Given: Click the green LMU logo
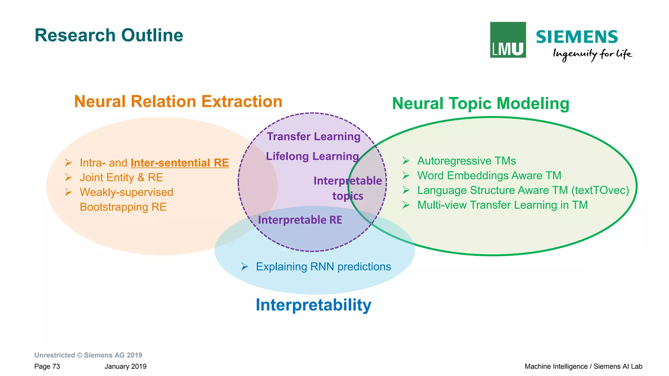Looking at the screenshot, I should coord(508,40).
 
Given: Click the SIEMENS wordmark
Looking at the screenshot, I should coord(577,37).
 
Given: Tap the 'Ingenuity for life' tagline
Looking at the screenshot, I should coord(592,54).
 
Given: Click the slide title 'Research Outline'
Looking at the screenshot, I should coord(109,35).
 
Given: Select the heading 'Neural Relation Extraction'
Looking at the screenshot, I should coord(178,101).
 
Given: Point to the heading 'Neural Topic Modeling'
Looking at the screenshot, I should coord(481,104).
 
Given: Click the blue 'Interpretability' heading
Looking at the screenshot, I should coord(313,305).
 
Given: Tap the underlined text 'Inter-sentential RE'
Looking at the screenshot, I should coord(180,163).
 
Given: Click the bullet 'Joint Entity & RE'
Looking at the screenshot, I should coord(121,177).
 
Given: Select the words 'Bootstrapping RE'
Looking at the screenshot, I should coord(123,207).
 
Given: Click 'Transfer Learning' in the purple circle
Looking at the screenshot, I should coord(313,136).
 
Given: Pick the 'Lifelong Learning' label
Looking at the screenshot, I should coord(312,156).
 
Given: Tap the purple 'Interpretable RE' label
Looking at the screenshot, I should coord(300,220).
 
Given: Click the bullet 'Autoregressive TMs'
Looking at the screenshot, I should coord(466,161).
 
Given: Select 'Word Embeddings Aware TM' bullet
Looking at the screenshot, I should coord(489,175).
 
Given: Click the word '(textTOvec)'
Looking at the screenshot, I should coord(600,190).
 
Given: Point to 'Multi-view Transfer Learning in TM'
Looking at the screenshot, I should coord(502,205).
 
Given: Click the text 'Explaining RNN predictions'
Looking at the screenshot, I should coord(323,267).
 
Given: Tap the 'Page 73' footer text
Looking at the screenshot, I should coord(47,366).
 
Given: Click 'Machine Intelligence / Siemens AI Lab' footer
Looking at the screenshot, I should coord(583,366).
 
